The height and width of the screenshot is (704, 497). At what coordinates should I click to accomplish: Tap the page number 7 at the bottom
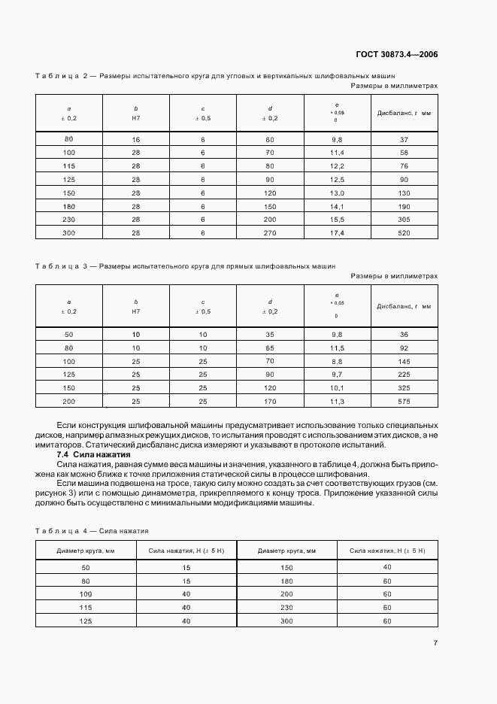435,643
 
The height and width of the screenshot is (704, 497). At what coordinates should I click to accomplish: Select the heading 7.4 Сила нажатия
94,455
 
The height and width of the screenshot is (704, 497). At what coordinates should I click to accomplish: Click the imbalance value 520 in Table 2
404,233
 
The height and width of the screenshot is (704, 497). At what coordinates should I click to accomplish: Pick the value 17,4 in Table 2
337,233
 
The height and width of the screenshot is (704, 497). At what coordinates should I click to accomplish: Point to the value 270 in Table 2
270,233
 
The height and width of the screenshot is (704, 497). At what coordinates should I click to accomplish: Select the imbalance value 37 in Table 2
404,140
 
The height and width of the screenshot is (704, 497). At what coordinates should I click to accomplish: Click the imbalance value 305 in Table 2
404,219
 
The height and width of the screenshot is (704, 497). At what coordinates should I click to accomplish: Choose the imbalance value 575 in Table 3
404,402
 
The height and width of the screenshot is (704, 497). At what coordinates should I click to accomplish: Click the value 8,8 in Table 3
337,361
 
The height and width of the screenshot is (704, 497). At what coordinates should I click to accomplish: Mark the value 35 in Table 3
270,334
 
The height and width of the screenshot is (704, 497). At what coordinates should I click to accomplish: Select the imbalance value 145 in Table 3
404,361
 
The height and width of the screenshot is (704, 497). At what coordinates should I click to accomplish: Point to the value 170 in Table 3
270,402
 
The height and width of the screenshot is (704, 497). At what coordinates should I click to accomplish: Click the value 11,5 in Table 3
337,347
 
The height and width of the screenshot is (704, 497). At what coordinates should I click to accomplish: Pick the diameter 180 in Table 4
286,581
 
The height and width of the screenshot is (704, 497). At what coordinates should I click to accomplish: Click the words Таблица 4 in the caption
62,530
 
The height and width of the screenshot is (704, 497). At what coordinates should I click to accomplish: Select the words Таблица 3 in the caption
62,266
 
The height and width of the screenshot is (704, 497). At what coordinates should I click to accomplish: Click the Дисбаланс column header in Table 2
404,113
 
